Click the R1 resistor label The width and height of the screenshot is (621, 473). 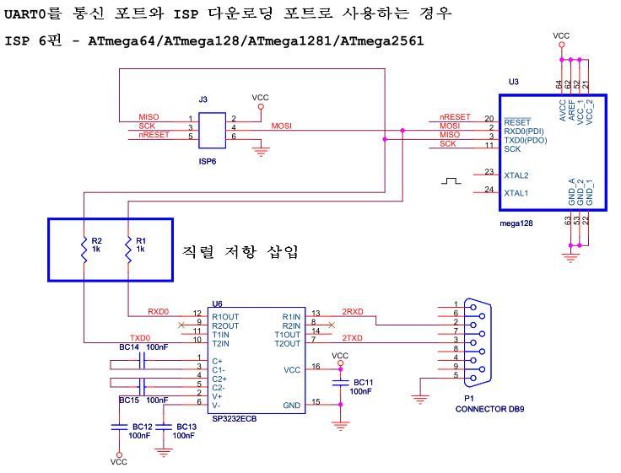point(141,240)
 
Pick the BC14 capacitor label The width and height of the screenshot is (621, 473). point(130,347)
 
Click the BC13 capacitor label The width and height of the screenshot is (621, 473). point(185,427)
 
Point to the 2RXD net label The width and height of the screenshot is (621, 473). point(352,311)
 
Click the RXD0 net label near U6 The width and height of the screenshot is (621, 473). point(159,311)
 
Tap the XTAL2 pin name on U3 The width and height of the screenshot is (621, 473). point(516,175)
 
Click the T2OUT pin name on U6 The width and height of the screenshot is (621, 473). point(288,343)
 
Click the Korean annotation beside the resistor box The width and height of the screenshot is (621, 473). point(240,252)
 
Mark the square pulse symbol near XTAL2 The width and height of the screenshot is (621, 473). point(452,180)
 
